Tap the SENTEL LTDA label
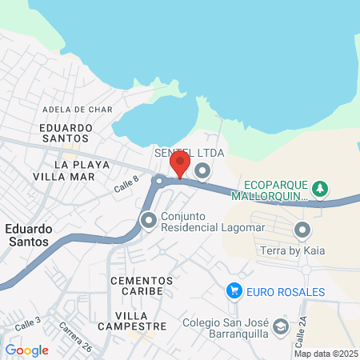click(190, 153)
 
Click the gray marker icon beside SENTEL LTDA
click(202, 170)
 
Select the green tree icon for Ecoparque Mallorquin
click(320, 188)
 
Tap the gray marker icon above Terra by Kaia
click(302, 231)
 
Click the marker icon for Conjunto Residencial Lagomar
click(148, 219)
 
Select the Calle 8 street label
click(126, 185)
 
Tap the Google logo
click(27, 350)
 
